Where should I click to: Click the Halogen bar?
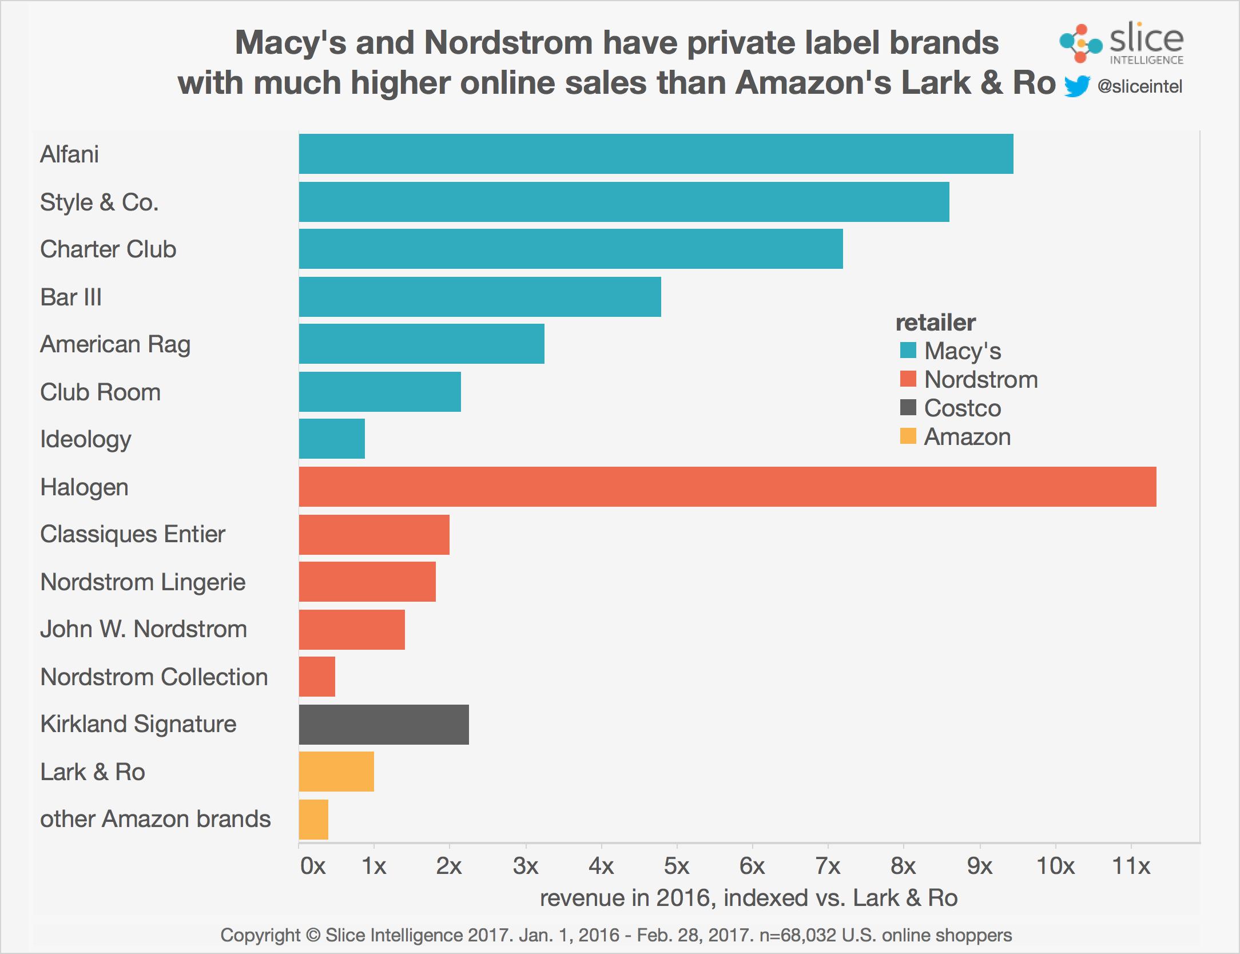tap(727, 487)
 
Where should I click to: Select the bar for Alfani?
tap(655, 154)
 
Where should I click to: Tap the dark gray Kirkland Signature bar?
tap(383, 725)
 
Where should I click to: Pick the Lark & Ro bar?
tap(336, 772)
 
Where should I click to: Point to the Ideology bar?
tap(332, 439)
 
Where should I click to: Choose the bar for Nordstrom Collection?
tap(317, 677)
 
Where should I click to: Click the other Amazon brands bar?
tap(313, 819)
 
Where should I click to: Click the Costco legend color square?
tap(908, 408)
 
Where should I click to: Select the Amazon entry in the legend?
tap(967, 437)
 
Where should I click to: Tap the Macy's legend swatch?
tap(908, 350)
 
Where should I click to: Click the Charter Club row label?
tap(108, 249)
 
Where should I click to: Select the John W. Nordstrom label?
tap(144, 629)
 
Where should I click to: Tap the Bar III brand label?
tap(71, 297)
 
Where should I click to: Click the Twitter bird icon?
tap(1077, 87)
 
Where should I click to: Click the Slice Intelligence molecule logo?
tap(1079, 43)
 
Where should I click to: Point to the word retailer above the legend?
tap(935, 323)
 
